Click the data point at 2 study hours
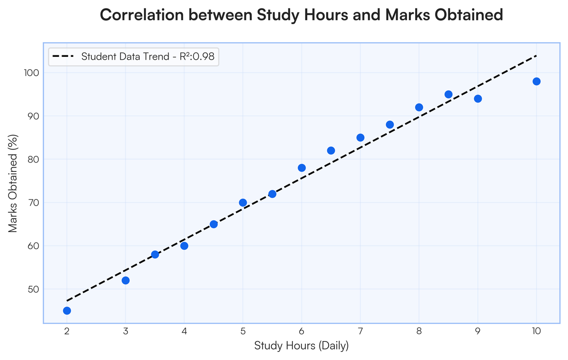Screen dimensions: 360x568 coord(67,311)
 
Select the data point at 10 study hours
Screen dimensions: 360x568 coord(536,81)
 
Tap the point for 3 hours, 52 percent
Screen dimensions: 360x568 coord(125,280)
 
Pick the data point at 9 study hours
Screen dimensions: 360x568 coord(478,99)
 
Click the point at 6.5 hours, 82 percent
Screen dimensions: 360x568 coord(331,151)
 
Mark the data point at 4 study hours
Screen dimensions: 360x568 coord(184,246)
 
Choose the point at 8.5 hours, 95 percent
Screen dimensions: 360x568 coord(448,94)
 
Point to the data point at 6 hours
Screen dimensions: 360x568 coord(302,168)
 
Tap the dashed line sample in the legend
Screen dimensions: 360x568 coord(63,57)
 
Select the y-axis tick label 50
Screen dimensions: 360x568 coord(33,289)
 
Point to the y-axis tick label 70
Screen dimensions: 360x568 coord(33,203)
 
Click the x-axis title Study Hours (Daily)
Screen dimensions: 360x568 coord(302,346)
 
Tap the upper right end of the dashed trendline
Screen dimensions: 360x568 coord(536,56)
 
